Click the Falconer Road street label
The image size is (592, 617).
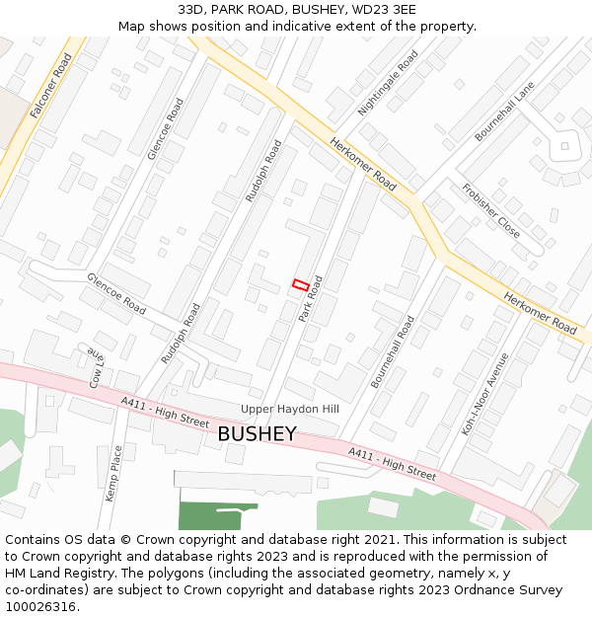coord(51,86)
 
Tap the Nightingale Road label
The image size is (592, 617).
coord(388,83)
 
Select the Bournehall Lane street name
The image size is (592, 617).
coord(504,110)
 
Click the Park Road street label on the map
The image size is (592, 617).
coord(312,297)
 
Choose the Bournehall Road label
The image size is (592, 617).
coord(393,350)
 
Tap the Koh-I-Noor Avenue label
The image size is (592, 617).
coord(485,394)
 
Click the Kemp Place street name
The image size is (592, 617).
coord(115,473)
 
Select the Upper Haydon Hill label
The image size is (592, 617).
coord(290,409)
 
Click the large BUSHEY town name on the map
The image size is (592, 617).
coord(257,433)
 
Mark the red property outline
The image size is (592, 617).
coord(301,285)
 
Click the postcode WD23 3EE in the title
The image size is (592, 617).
coord(383,10)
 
